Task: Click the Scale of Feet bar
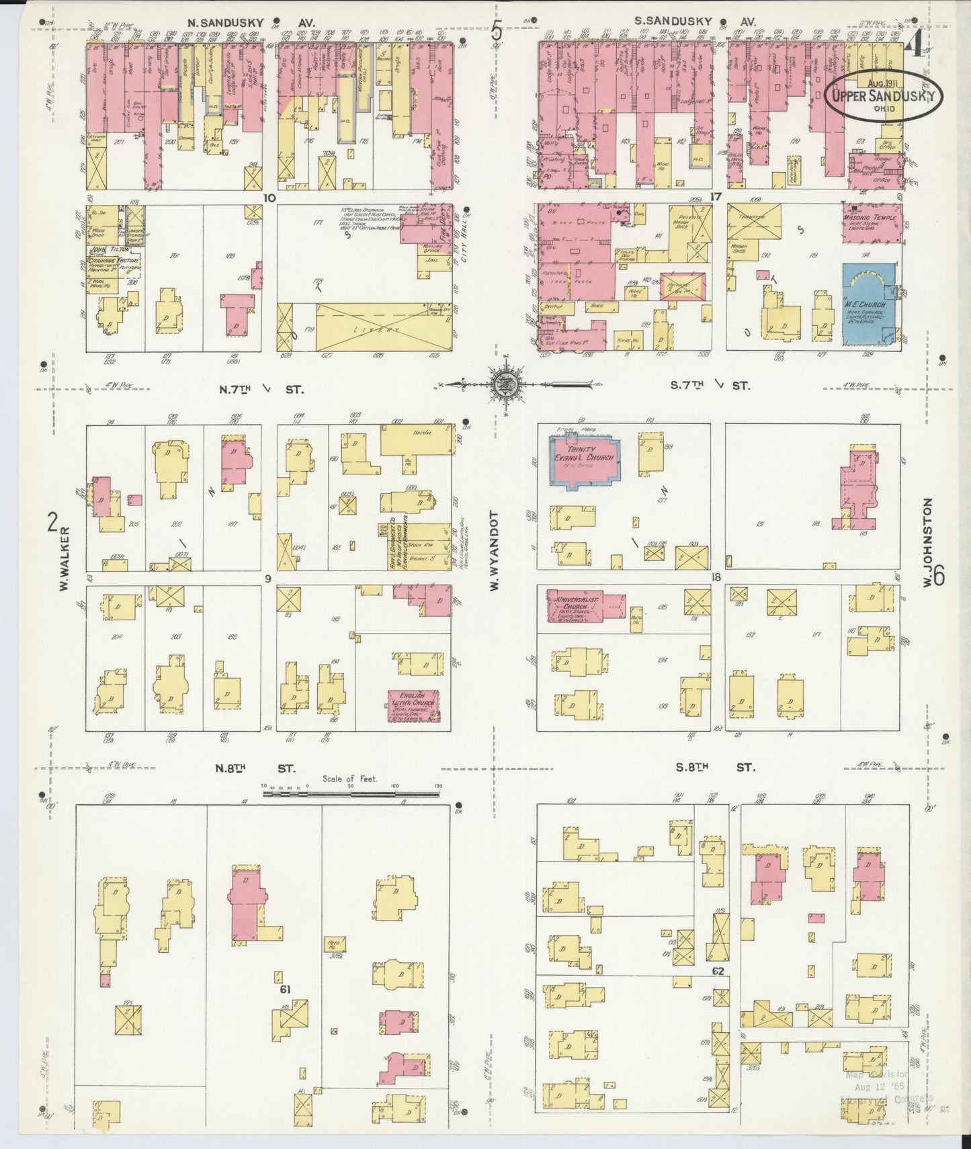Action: click(x=351, y=794)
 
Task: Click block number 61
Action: click(x=285, y=989)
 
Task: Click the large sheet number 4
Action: click(x=912, y=46)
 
